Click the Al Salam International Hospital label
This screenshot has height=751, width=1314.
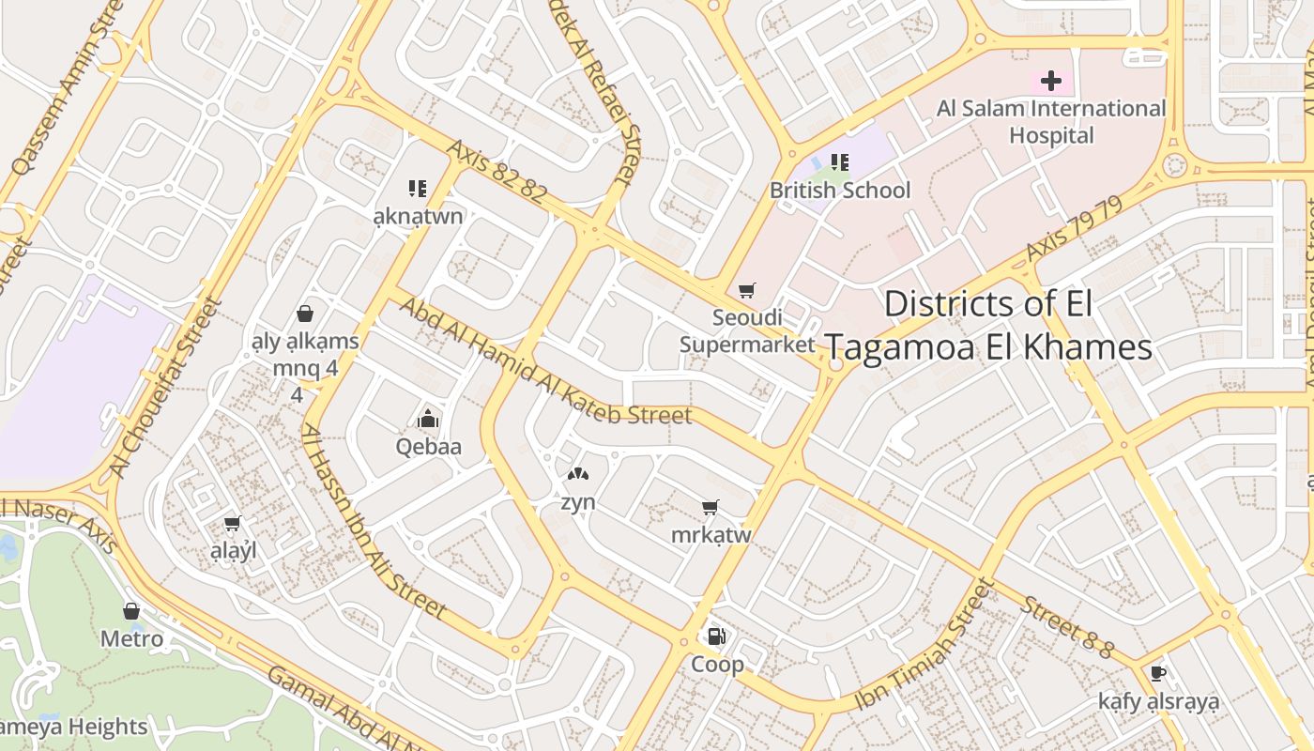click(x=1051, y=122)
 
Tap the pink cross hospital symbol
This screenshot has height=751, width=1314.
click(x=1051, y=81)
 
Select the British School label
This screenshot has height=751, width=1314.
click(x=840, y=191)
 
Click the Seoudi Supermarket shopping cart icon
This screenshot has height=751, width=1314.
click(x=747, y=291)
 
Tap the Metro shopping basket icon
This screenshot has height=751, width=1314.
click(x=131, y=611)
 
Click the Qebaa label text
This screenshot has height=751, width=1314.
click(x=429, y=447)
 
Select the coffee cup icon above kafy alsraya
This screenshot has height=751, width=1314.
click(x=1158, y=673)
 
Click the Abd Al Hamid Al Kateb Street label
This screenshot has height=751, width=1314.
click(x=545, y=361)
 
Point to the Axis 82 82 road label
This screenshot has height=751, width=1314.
click(x=497, y=172)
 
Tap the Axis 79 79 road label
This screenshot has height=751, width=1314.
click(x=1074, y=228)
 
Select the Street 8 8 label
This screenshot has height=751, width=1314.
click(x=1067, y=627)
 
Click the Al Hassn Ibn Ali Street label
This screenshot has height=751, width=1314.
click(x=373, y=522)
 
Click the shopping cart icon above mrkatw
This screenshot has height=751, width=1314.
click(x=710, y=508)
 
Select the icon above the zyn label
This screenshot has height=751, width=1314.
click(x=578, y=476)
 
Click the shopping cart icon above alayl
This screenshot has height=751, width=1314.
click(x=233, y=523)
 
